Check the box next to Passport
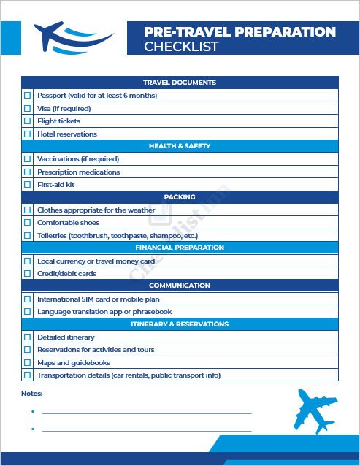pos(28,96)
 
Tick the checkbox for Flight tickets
pos(28,121)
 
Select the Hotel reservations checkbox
pos(28,134)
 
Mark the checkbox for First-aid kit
pos(28,185)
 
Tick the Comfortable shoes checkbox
pos(28,223)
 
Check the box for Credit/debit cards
pos(28,274)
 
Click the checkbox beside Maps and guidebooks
pos(28,363)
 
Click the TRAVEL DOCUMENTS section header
pos(180,83)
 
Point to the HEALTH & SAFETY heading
pos(180,146)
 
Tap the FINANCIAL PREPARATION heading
pos(180,248)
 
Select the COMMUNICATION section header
pos(180,286)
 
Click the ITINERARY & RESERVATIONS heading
pos(180,324)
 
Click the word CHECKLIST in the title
pos(181,47)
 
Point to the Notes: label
pos(32,394)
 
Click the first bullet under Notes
pos(33,412)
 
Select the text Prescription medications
pos(79,172)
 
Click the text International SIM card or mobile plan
pos(99,299)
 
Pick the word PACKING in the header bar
pos(180,197)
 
